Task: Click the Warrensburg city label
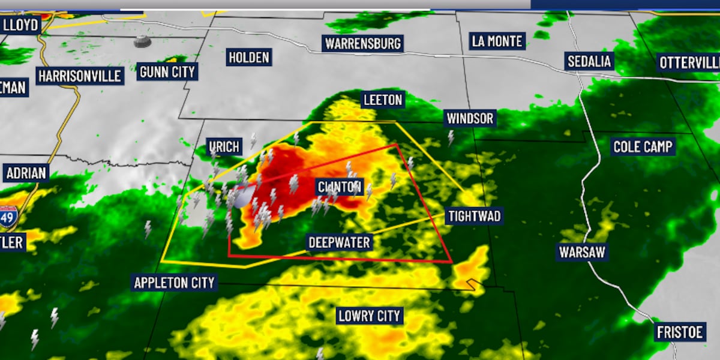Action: coord(362,44)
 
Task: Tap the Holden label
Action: coord(249,58)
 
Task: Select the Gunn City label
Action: coord(167,72)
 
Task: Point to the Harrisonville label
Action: coord(80,76)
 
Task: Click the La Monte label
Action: coord(497,41)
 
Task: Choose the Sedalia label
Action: coord(589,61)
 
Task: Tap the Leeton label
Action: coord(383,100)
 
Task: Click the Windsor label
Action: coord(470,119)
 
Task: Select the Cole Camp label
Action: coord(643,146)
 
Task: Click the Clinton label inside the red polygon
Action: coord(339,187)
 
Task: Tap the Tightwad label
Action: coord(474,216)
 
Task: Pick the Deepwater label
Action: coord(339,242)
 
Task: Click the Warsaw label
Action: coord(582,252)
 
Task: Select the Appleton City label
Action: coord(174,283)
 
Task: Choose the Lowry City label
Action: coord(369,316)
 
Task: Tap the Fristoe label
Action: coord(679,332)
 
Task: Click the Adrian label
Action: coord(26,174)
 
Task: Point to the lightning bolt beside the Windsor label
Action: coord(451,139)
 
